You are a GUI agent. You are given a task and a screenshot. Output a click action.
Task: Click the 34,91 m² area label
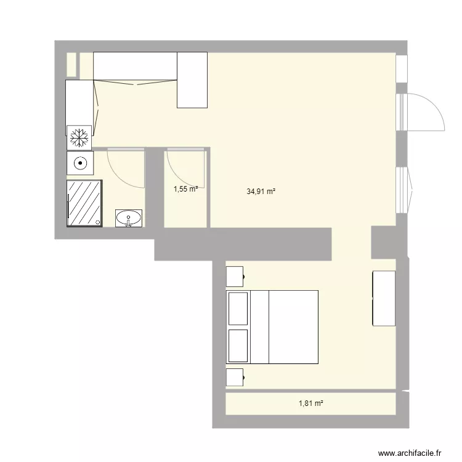pos(261,192)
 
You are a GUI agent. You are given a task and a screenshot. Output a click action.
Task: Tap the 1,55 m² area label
pos(185,190)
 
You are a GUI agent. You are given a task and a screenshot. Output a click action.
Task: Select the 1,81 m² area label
pos(311,403)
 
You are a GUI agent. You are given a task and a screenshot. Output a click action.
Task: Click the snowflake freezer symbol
pos(79,137)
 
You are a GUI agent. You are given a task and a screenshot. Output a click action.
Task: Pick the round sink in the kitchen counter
pos(79,163)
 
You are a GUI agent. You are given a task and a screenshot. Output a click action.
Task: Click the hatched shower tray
pos(84,203)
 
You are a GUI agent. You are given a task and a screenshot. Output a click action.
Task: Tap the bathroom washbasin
pos(128,217)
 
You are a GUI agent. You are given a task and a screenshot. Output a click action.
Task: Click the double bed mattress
pos(293,326)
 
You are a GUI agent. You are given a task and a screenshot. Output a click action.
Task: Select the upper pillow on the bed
pos(238,309)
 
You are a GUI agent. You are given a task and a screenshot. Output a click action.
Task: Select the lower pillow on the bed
pos(238,345)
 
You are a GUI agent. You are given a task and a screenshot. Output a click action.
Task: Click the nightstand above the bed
pos(235,276)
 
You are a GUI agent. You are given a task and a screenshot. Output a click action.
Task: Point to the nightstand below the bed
pos(235,377)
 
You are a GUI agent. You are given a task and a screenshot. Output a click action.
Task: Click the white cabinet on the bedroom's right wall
pos(383,298)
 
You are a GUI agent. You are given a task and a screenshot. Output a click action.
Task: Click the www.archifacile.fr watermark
pos(410,452)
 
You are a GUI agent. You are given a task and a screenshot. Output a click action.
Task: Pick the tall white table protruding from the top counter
pos(192,80)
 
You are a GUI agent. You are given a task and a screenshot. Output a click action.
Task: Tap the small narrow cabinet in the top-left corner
pos(71,65)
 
